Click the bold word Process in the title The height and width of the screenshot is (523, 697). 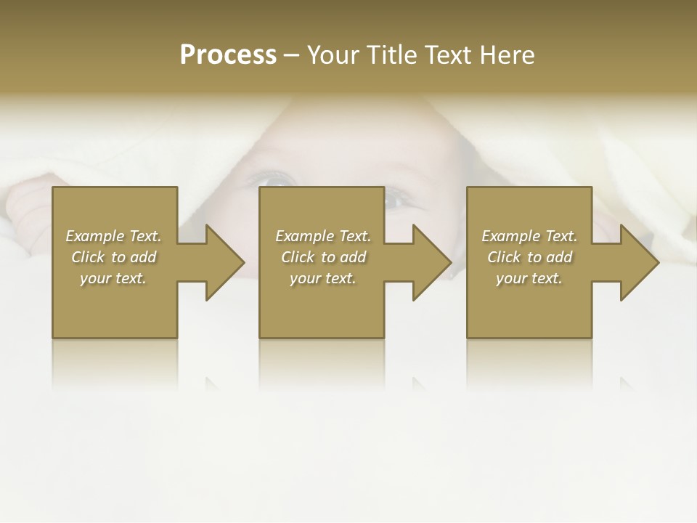point(228,55)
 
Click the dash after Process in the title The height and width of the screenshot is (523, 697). point(291,56)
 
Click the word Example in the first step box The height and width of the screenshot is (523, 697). point(94,236)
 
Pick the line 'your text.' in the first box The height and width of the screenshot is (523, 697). point(113,278)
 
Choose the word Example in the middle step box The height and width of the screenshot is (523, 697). point(304,236)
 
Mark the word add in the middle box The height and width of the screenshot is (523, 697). point(353,257)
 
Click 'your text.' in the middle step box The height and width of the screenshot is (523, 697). point(322,278)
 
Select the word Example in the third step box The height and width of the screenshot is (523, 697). point(510,236)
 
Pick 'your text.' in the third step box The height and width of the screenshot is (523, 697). point(529,278)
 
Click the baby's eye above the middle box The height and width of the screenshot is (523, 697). point(277,178)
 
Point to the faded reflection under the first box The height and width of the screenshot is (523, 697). point(115,363)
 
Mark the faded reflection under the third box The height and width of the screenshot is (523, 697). point(529,363)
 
